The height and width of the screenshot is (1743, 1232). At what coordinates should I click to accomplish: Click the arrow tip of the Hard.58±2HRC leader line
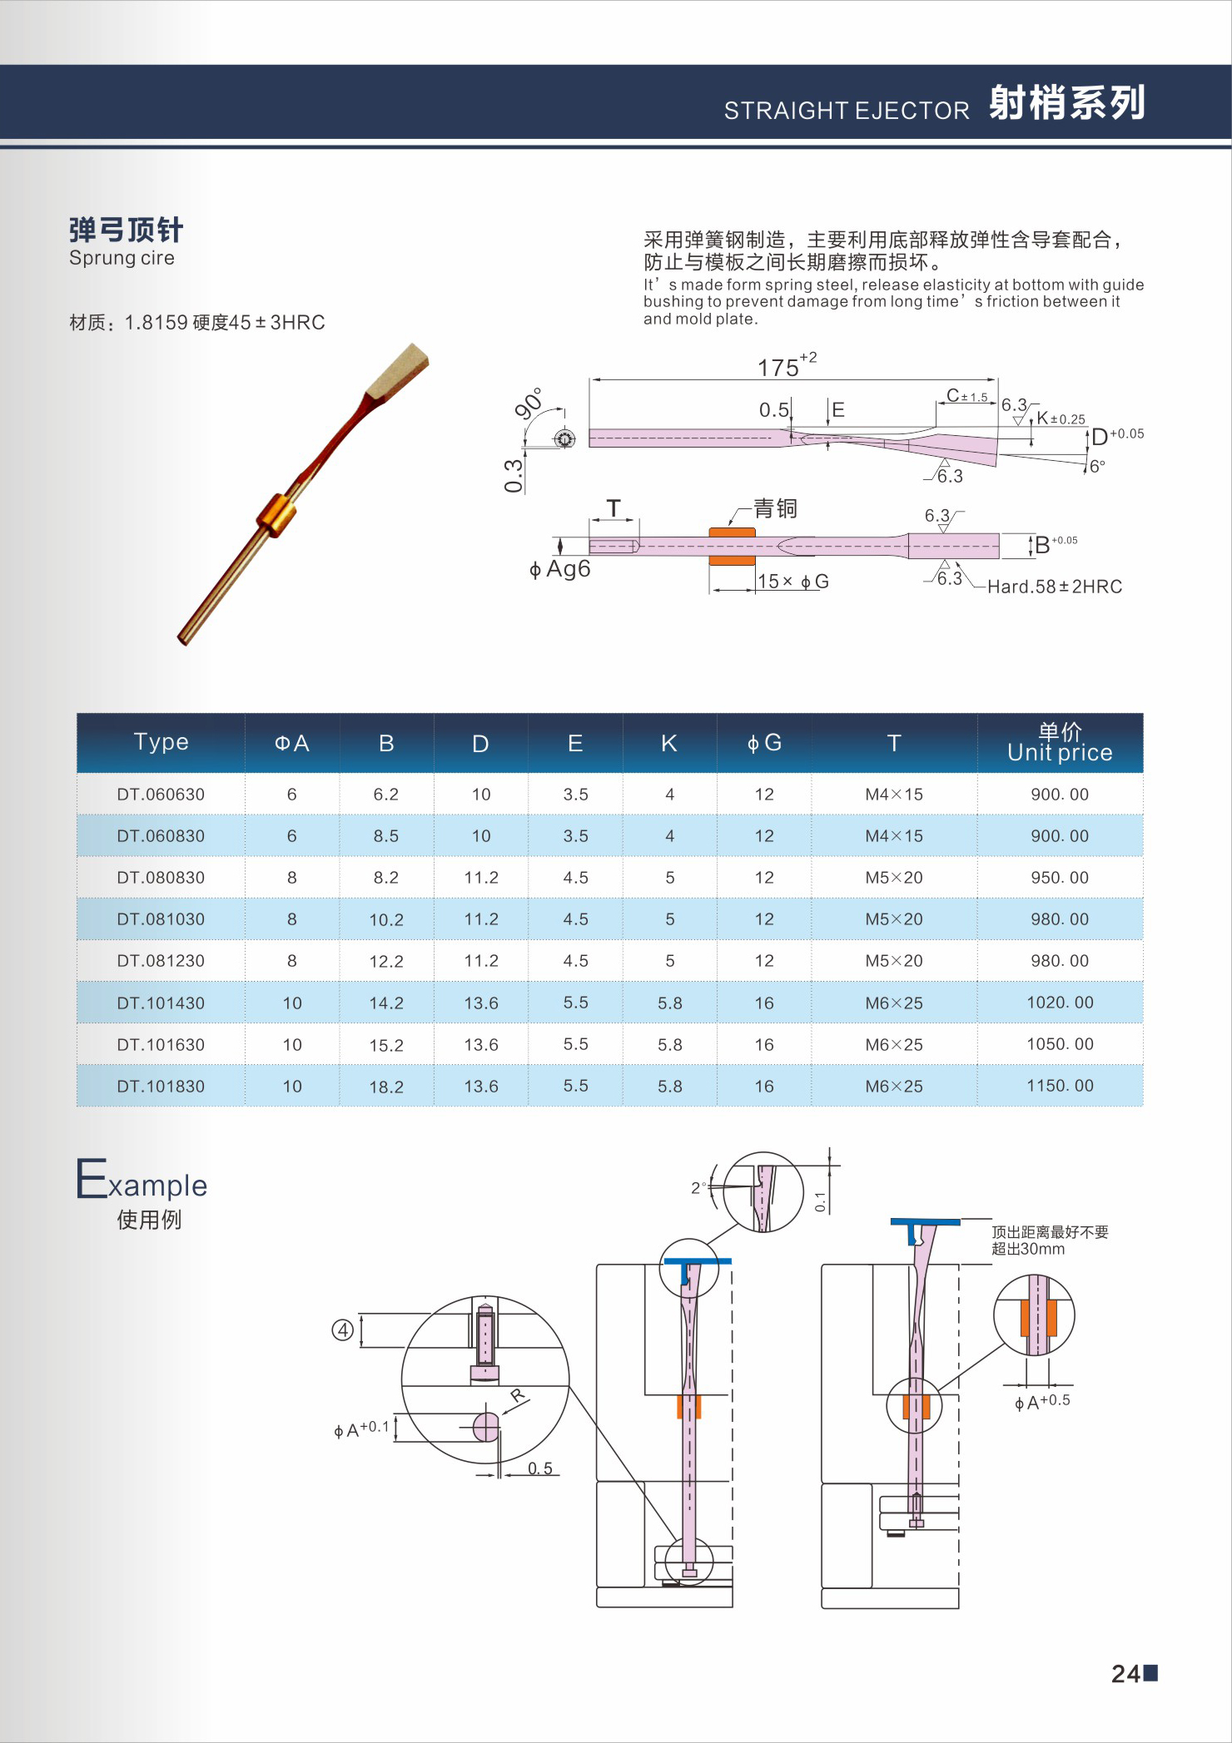click(x=956, y=564)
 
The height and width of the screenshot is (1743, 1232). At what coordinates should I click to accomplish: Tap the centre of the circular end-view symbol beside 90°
click(x=565, y=438)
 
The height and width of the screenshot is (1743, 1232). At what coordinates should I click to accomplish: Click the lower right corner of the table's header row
click(x=1143, y=772)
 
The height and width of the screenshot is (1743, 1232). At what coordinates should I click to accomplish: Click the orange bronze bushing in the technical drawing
click(x=733, y=546)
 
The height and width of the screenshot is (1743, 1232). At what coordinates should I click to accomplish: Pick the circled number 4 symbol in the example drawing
click(x=343, y=1330)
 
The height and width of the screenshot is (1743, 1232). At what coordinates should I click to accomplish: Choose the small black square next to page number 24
click(x=1150, y=1672)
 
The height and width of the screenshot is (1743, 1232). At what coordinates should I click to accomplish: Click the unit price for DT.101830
click(x=1060, y=1086)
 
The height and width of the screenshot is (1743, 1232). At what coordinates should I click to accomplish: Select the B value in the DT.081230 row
click(x=386, y=961)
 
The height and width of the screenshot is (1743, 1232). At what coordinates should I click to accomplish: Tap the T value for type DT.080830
click(x=894, y=878)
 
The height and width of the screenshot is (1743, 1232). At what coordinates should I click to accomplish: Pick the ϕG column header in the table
click(x=764, y=743)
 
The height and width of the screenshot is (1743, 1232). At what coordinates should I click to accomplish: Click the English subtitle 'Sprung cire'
click(x=122, y=258)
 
